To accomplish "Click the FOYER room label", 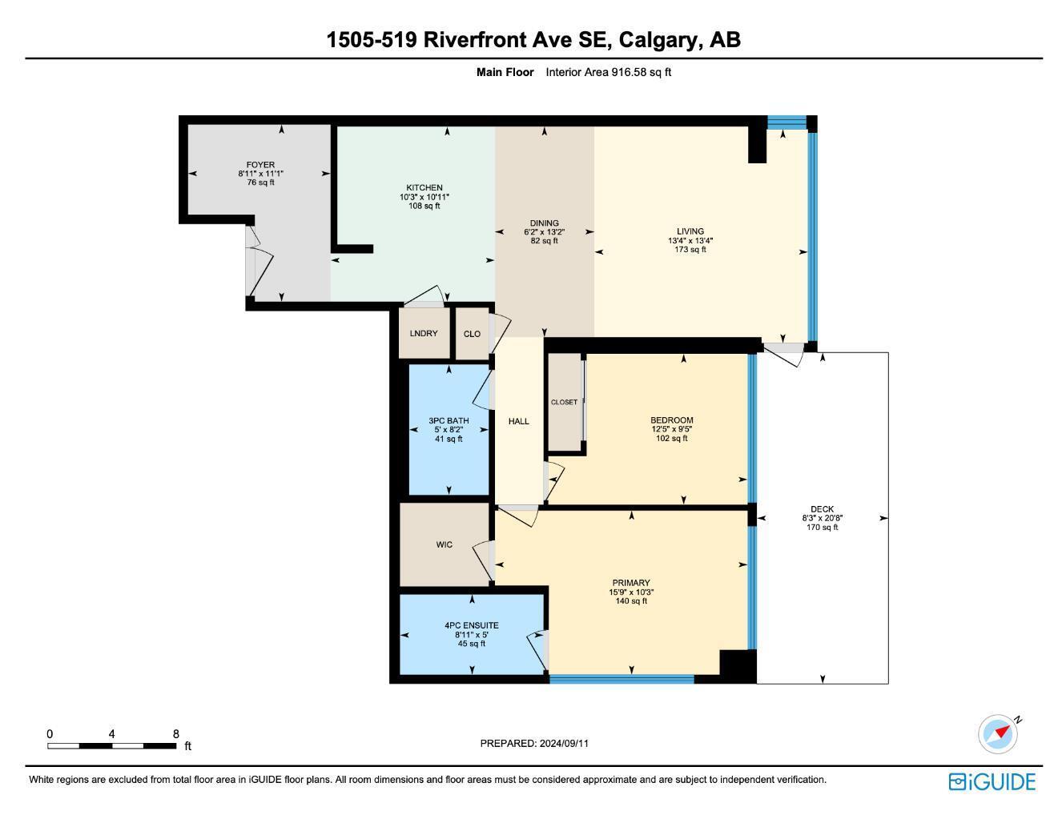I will [260, 165].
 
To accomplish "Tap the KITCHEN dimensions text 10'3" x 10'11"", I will [424, 197].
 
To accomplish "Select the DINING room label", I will [544, 223].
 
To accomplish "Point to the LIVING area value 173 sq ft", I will [690, 250].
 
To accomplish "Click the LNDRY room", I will [424, 333].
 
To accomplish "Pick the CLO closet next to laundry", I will [472, 334].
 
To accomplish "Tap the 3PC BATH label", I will [449, 420].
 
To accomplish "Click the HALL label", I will [519, 421].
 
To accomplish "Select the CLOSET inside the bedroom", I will [564, 402].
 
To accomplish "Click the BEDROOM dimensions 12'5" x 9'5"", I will [671, 429].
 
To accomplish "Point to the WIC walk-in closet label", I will [444, 544].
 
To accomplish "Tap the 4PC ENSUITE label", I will [472, 625].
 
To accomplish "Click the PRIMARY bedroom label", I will [631, 583].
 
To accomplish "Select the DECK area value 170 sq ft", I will [822, 527].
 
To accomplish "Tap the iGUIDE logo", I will [992, 781].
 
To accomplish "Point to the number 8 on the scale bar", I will [175, 734].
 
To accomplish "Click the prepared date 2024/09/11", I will [564, 743].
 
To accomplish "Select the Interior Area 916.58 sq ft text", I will [608, 72].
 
